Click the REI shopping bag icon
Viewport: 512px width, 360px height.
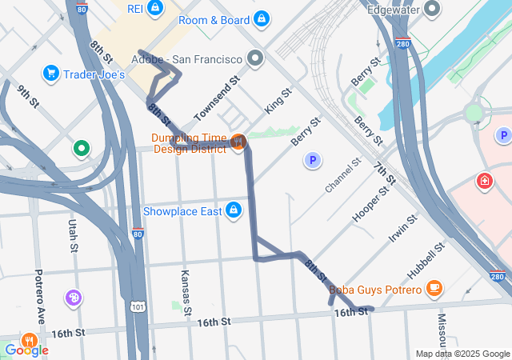point(155,9)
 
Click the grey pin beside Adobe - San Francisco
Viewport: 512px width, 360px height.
point(255,58)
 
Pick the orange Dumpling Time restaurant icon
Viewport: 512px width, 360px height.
point(238,142)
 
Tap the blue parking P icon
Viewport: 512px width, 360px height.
point(313,162)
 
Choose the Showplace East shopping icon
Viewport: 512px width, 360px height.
point(233,210)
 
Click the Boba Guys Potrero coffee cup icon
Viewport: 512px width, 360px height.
point(434,286)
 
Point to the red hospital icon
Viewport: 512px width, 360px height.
point(484,182)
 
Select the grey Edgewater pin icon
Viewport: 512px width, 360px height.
point(432,10)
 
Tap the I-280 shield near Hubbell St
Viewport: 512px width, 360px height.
point(498,277)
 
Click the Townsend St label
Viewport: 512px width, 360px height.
point(217,94)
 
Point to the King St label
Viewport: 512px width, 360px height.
point(278,101)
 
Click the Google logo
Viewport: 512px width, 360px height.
point(26,350)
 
